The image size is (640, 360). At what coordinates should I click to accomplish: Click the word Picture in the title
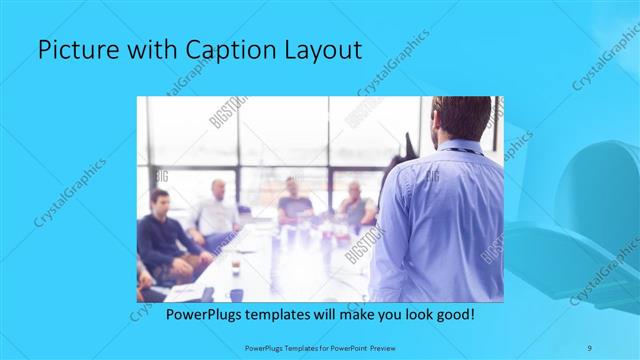click(74, 51)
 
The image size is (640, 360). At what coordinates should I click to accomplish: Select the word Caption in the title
click(217, 51)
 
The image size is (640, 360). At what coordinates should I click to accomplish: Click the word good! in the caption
click(453, 314)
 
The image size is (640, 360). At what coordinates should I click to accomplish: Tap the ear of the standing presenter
click(436, 123)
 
